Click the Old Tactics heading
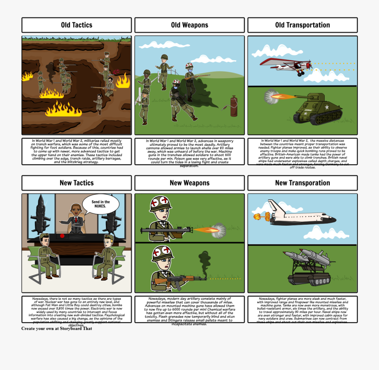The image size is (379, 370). pos(76,25)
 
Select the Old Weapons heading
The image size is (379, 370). pos(189,25)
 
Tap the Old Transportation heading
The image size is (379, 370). pos(302,25)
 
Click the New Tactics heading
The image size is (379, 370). pos(76,183)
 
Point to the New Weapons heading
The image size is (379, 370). pos(189,183)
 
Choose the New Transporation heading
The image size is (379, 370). pos(302,183)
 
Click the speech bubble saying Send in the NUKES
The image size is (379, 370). pos(101,204)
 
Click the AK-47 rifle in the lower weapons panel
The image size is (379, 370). pos(179,279)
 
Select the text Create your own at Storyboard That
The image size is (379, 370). pos(56,329)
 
